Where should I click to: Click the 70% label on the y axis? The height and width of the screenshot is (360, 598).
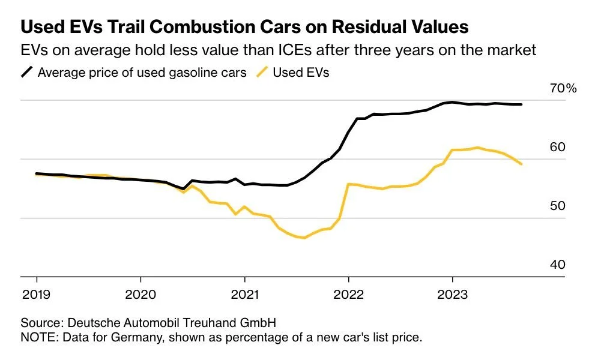pos(563,89)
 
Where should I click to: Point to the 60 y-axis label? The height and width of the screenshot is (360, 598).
pos(558,147)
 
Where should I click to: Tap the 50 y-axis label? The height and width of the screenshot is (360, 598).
pos(558,206)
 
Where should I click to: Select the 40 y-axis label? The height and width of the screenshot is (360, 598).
pos(558,265)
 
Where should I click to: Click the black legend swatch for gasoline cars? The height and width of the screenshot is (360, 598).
pos(27,73)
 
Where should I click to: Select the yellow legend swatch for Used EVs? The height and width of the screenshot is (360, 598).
pos(262,73)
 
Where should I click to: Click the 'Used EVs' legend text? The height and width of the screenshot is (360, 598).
pos(301,73)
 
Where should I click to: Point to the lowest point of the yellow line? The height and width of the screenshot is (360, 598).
pos(304,238)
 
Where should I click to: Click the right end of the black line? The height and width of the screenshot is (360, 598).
pos(521,104)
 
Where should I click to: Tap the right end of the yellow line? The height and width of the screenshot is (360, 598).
pos(521,164)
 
